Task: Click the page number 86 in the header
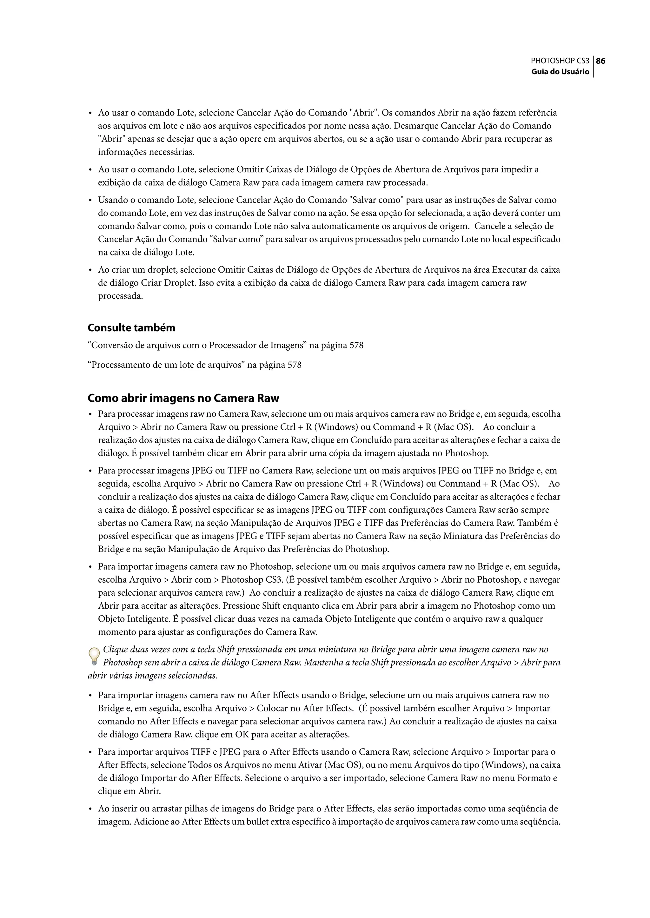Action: point(600,61)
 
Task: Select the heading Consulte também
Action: point(131,328)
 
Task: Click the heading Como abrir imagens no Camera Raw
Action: point(183,398)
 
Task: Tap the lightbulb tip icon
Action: point(94,656)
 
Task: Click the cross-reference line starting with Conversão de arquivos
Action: point(225,345)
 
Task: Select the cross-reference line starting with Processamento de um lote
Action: point(195,365)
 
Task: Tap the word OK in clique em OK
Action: point(242,735)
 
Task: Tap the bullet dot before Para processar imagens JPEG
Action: point(90,471)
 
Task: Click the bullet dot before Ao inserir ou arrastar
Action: point(90,809)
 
